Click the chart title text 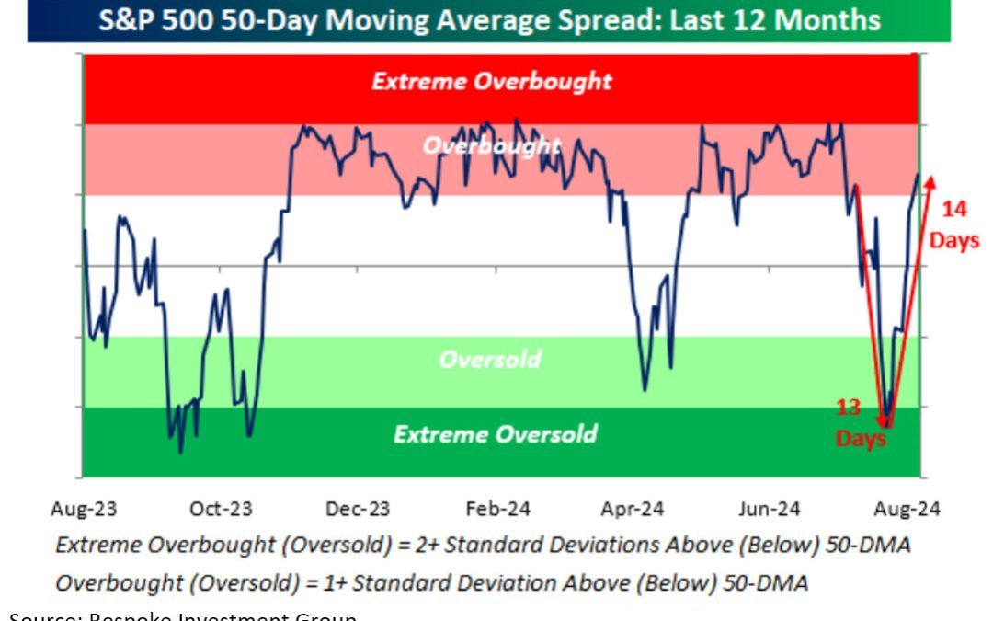coord(489,20)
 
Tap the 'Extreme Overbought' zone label coord(491,81)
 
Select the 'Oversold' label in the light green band coord(489,359)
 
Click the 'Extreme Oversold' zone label coord(495,433)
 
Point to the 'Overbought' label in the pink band coord(491,145)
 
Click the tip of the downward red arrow coord(884,424)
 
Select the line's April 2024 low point coord(645,390)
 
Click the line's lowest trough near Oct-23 coord(180,452)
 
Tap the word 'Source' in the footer coord(33,616)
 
